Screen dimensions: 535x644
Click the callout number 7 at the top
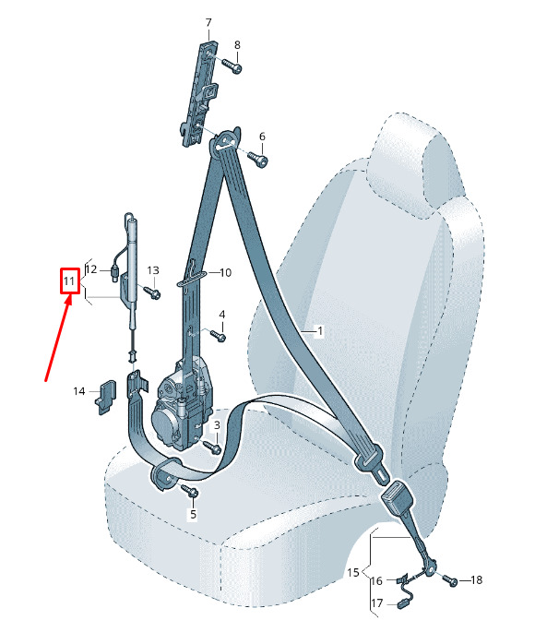click(x=208, y=22)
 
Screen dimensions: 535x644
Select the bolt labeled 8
click(x=232, y=66)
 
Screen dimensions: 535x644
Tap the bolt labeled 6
click(x=258, y=158)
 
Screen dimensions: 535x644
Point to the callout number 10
click(x=226, y=272)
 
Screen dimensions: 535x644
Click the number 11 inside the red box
click(x=68, y=281)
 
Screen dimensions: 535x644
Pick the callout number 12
click(x=91, y=269)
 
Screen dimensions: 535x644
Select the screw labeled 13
click(x=151, y=292)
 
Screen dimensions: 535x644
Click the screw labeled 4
click(x=218, y=335)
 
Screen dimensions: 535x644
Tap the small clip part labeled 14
click(x=105, y=397)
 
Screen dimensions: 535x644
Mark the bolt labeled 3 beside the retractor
click(x=213, y=447)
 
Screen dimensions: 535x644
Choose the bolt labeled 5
click(x=190, y=490)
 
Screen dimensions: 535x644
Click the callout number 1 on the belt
click(x=319, y=330)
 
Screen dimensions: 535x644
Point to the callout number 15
click(x=352, y=572)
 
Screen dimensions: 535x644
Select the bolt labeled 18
click(x=450, y=579)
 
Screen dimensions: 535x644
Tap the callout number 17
click(x=377, y=602)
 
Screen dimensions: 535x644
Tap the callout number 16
click(x=376, y=580)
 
